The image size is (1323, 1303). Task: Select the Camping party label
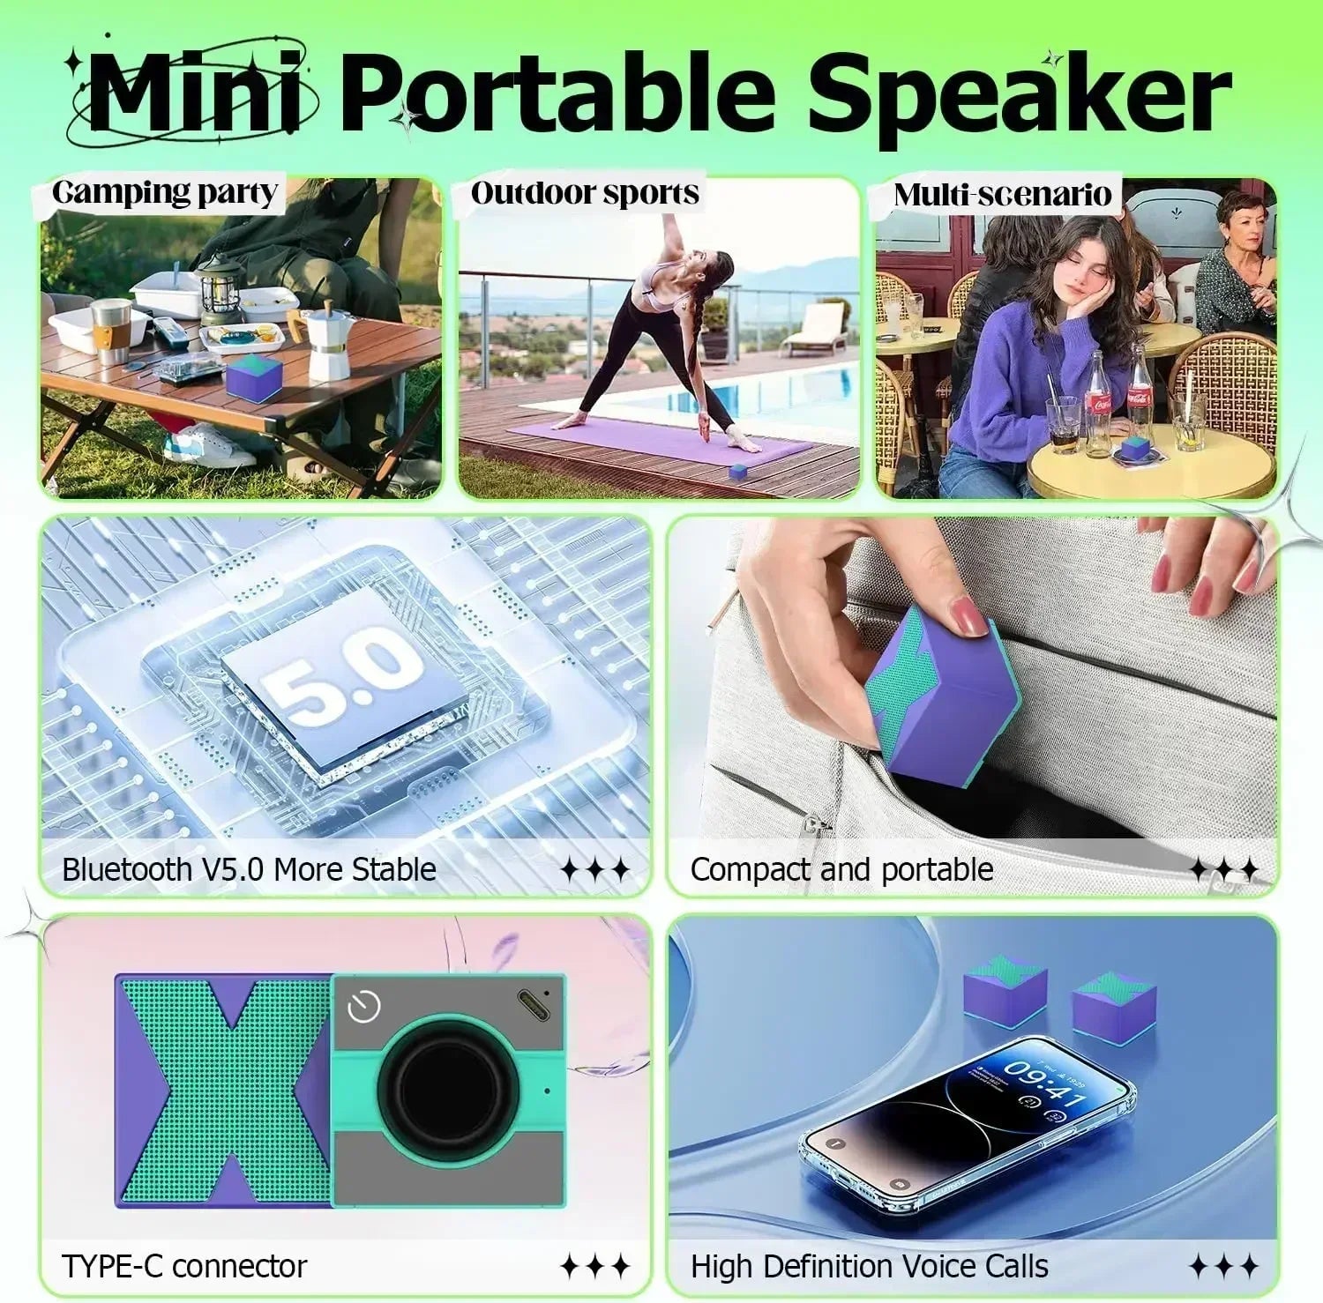165,193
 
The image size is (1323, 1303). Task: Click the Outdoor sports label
585,193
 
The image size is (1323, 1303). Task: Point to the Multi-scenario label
1002,195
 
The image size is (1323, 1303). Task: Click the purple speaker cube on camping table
254,377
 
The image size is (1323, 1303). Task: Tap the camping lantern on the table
219,291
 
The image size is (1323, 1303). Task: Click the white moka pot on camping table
329,345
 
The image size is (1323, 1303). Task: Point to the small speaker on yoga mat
737,472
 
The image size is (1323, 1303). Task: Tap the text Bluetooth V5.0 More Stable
249,870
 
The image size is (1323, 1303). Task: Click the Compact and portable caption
841,870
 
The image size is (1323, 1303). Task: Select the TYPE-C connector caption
184,1267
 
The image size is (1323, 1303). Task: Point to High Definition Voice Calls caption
869,1267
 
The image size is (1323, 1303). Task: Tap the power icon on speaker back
363,1007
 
